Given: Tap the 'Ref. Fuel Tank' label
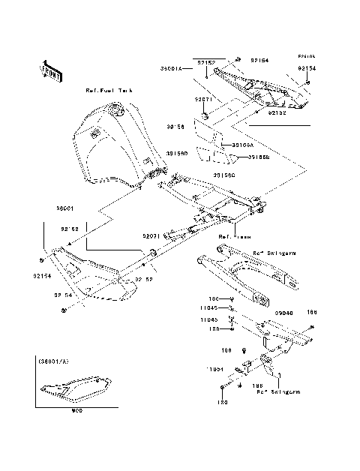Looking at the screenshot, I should pos(108,91).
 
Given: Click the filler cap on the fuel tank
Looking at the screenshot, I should pos(115,112).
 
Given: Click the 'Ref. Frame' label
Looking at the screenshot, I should pos(229,236).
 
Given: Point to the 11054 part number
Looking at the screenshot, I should pos(217,369).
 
